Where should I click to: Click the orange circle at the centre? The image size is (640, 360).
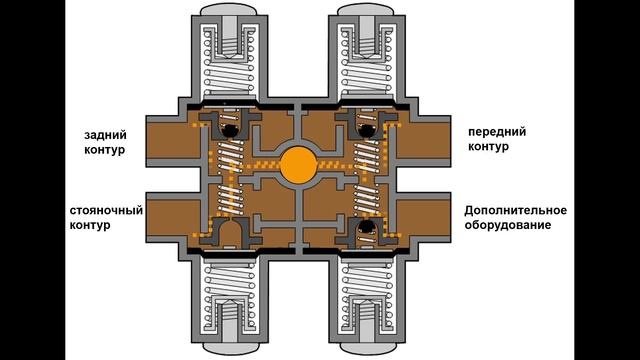coord(299,165)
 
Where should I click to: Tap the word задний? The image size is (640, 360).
coord(105,135)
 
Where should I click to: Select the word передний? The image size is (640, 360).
coord(497,132)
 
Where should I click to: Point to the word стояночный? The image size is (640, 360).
coord(106,211)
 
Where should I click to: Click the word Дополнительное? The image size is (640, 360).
coord(516,211)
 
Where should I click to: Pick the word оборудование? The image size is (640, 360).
coord(508,225)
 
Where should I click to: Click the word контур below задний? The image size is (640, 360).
coord(104,149)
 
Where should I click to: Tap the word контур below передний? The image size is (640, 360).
coord(488,147)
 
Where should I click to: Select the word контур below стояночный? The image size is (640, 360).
coord(90,225)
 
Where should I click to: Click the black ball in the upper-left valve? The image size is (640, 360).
coord(230,130)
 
